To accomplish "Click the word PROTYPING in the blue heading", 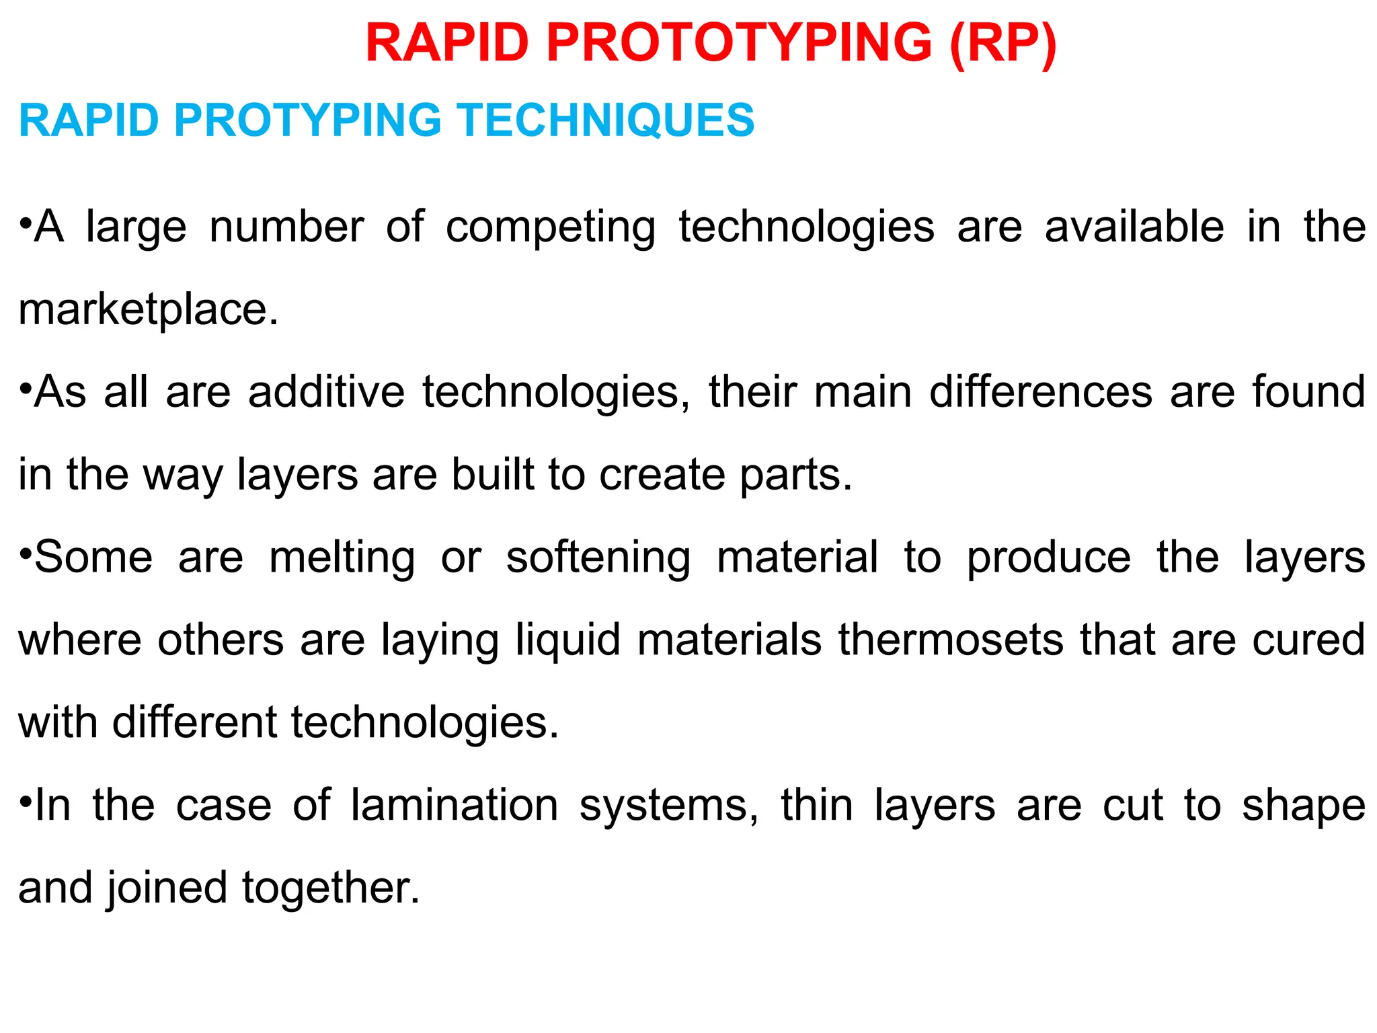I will pyautogui.click(x=307, y=120).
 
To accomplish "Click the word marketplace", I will pyautogui.click(x=148, y=311).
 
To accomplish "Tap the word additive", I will pyautogui.click(x=326, y=391).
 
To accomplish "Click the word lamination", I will pyautogui.click(x=455, y=805).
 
